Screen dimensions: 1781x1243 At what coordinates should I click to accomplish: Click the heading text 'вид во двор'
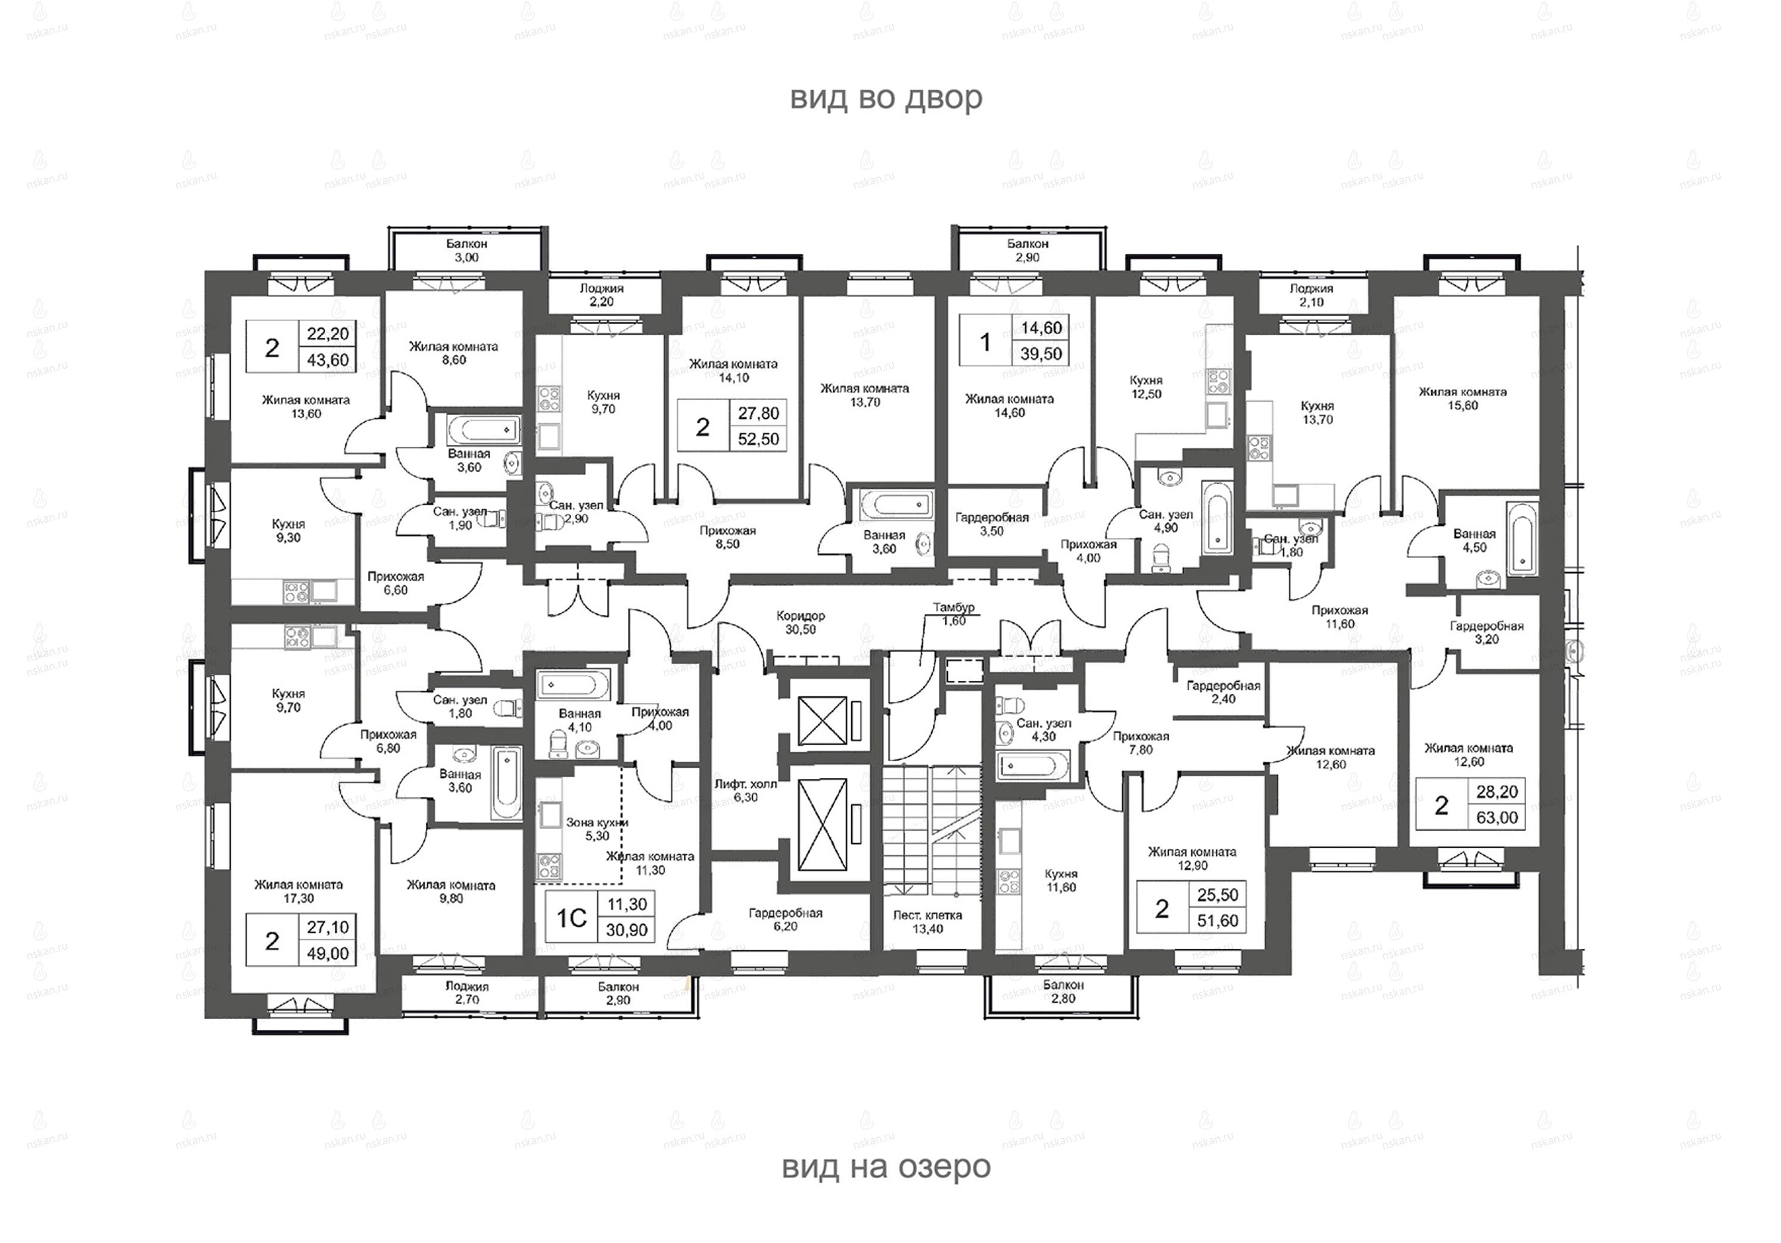click(886, 98)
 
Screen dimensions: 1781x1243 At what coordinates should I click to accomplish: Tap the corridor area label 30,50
click(801, 630)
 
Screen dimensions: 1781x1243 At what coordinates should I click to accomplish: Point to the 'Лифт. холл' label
click(745, 784)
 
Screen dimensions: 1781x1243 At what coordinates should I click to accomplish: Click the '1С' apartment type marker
click(572, 918)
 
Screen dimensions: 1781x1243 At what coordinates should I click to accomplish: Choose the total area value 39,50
click(1041, 354)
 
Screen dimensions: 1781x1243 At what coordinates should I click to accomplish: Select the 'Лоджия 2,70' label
click(467, 993)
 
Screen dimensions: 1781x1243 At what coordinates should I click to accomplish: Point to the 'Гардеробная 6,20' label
click(785, 920)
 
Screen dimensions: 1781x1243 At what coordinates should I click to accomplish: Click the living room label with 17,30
click(298, 891)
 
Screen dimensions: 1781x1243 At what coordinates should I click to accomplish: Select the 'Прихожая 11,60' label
click(1340, 616)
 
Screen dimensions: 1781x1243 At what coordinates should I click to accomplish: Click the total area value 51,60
click(1218, 921)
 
